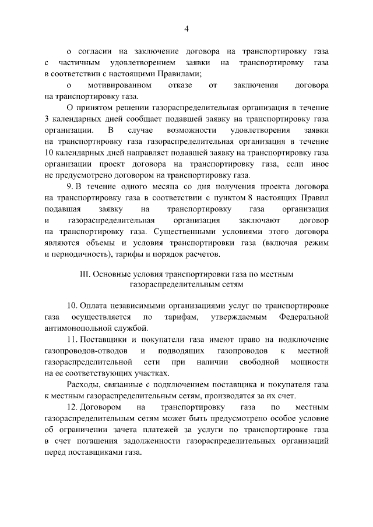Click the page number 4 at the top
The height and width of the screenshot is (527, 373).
click(186, 29)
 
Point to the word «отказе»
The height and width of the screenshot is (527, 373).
click(180, 85)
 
